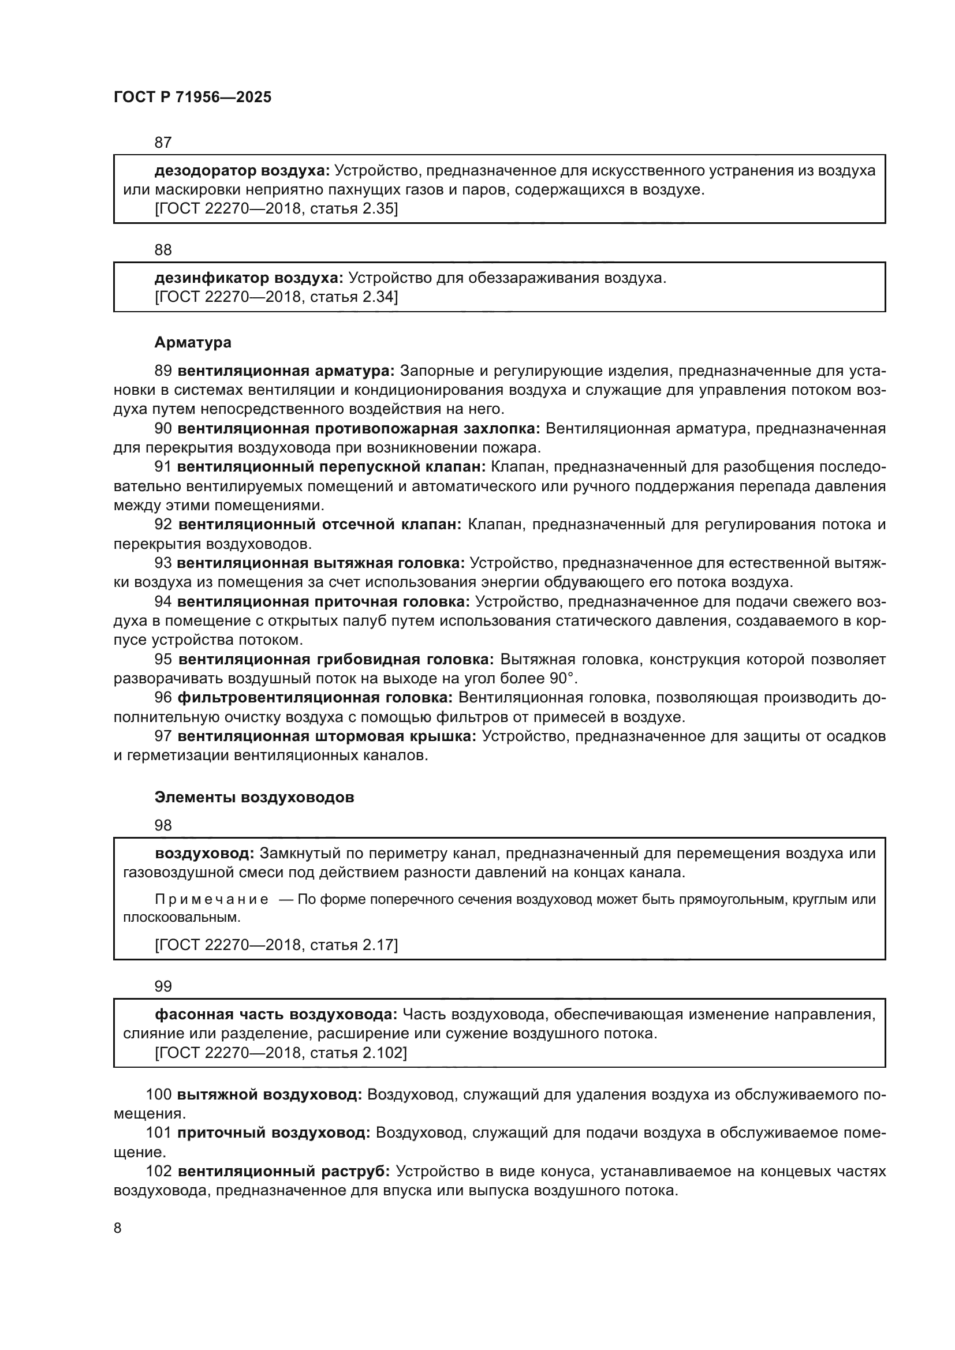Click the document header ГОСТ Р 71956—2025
pyautogui.click(x=192, y=98)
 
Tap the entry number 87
pyautogui.click(x=163, y=143)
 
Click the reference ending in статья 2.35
pyautogui.click(x=276, y=209)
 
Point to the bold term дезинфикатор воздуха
pyautogui.click(x=248, y=278)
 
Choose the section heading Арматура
pyautogui.click(x=193, y=342)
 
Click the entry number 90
pyautogui.click(x=163, y=429)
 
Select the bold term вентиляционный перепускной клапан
pyautogui.click(x=331, y=467)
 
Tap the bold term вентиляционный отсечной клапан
pyautogui.click(x=320, y=525)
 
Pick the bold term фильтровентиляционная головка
pyautogui.click(x=315, y=698)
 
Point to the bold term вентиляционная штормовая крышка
pyautogui.click(x=326, y=736)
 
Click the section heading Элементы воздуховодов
pyautogui.click(x=254, y=797)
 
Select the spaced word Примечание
pyautogui.click(x=212, y=899)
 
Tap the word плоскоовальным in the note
pyautogui.click(x=181, y=917)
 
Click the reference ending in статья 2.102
pyautogui.click(x=281, y=1053)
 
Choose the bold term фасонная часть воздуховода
pyautogui.click(x=276, y=1014)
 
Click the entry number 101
pyautogui.click(x=158, y=1133)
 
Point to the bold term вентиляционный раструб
pyautogui.click(x=283, y=1171)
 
